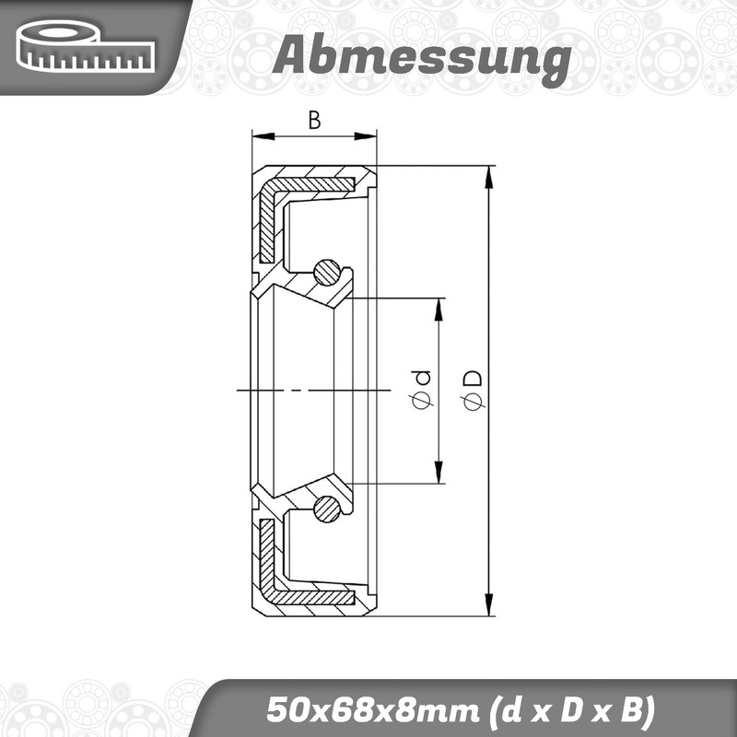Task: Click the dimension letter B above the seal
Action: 314,121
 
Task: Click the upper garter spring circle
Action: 327,273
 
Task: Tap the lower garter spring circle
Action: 327,509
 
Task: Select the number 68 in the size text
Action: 340,709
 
